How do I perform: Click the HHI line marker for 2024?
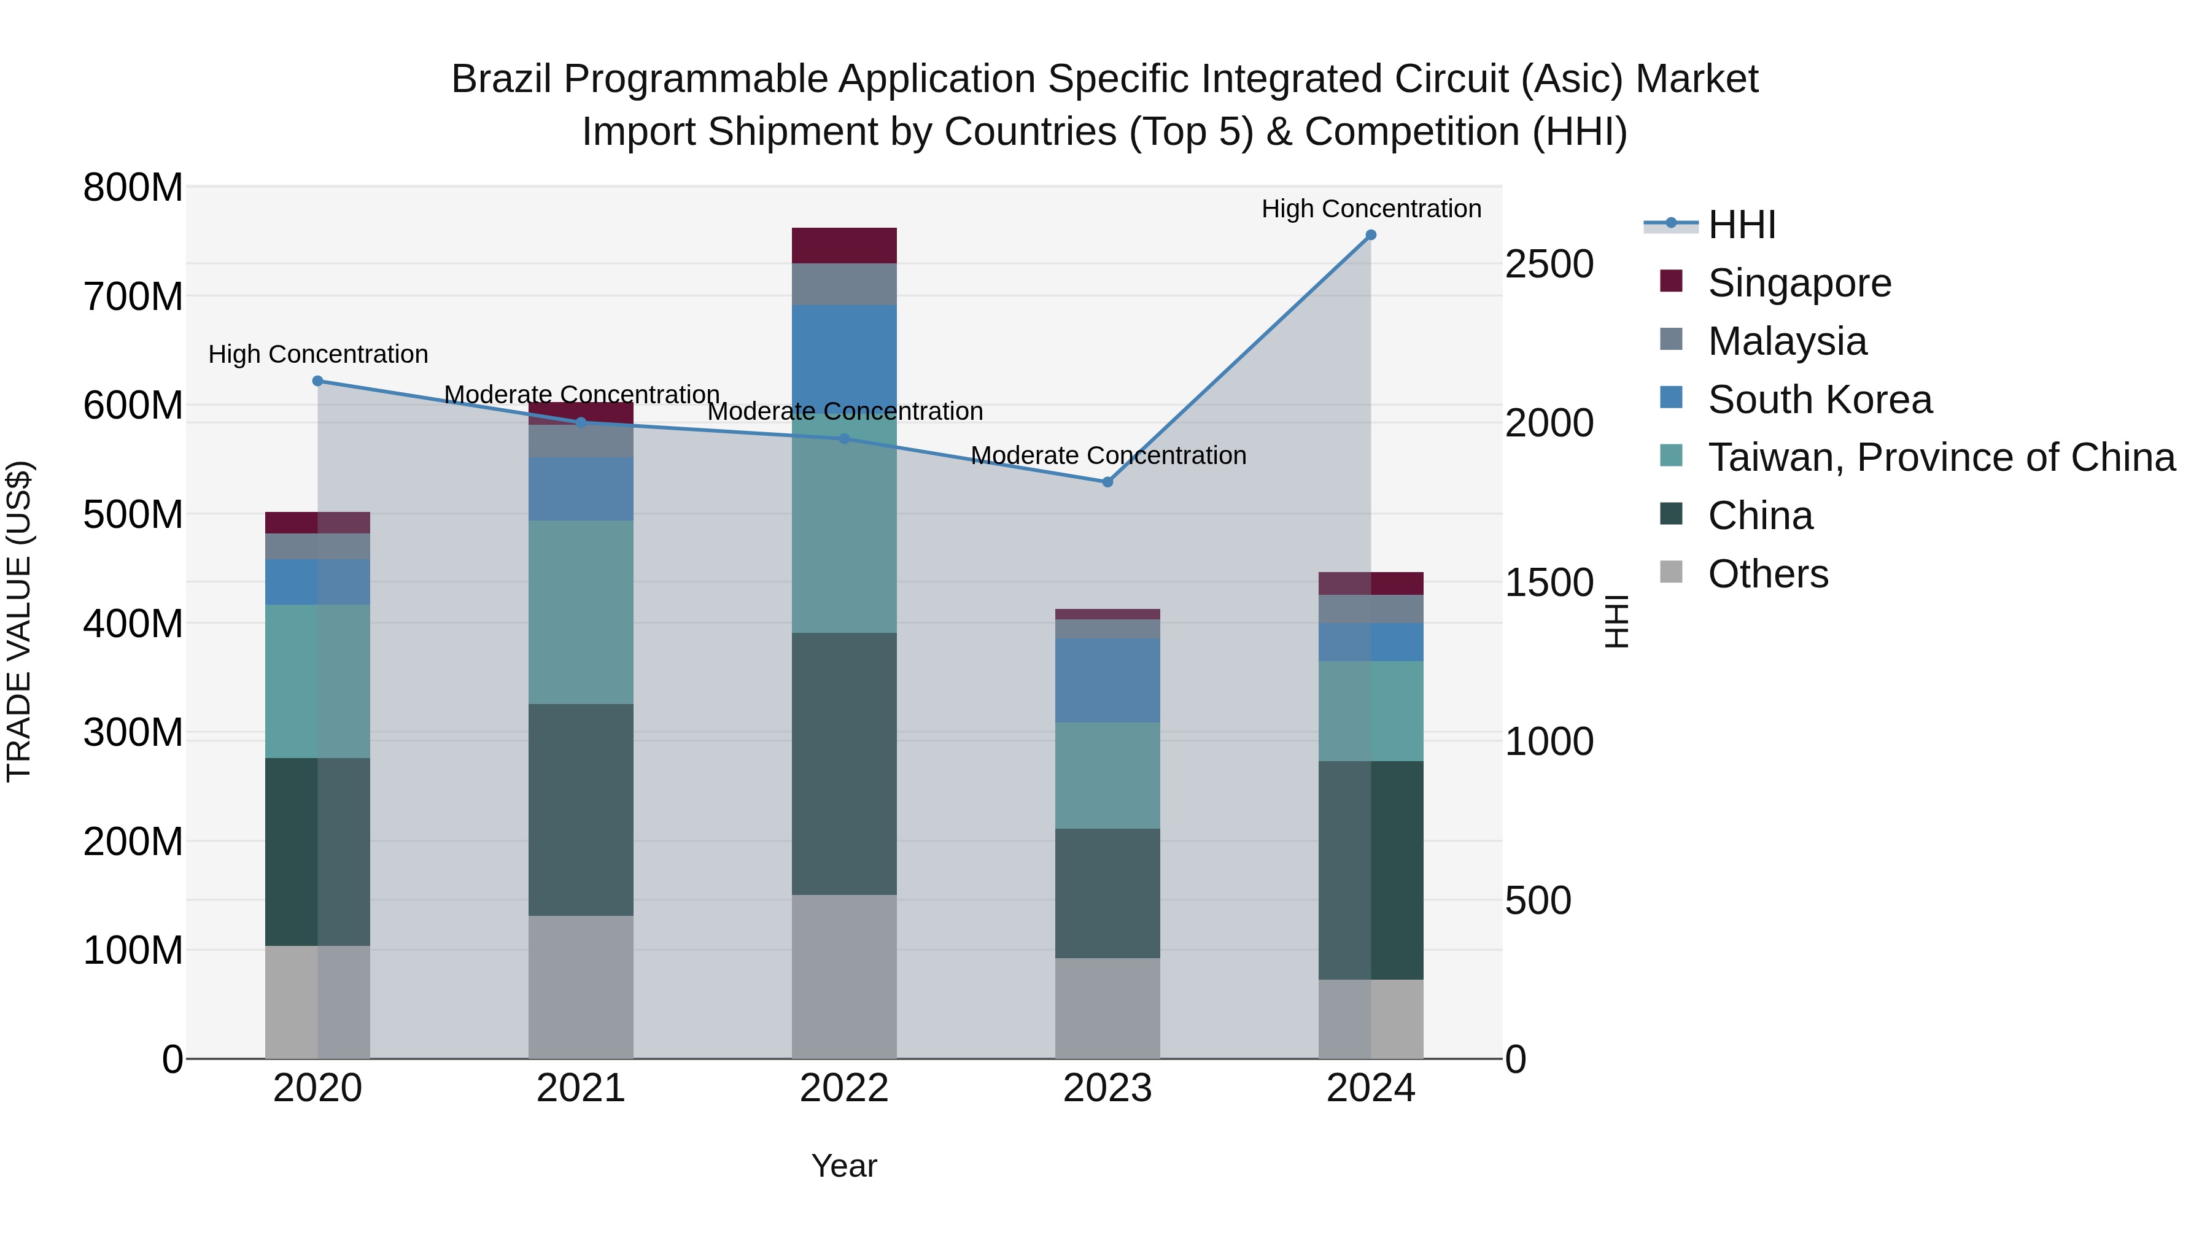[1370, 235]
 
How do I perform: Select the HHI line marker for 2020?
[317, 381]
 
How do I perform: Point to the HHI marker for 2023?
[1107, 482]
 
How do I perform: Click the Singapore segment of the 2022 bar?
[843, 246]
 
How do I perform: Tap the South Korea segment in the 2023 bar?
[1107, 680]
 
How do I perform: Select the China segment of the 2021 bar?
[581, 809]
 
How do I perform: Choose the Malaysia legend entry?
[1786, 341]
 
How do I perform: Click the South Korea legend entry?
[1819, 399]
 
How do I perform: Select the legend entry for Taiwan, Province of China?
[1941, 457]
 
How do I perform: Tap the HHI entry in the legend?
[1742, 225]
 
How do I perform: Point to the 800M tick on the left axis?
[133, 187]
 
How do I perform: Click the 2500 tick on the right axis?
[1549, 264]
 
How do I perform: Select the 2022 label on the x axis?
[843, 1088]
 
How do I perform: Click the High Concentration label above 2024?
[1370, 209]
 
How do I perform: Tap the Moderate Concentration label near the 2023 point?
[1107, 455]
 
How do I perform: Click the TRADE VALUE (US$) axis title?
[19, 621]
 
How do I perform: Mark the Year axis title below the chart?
[843, 1166]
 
